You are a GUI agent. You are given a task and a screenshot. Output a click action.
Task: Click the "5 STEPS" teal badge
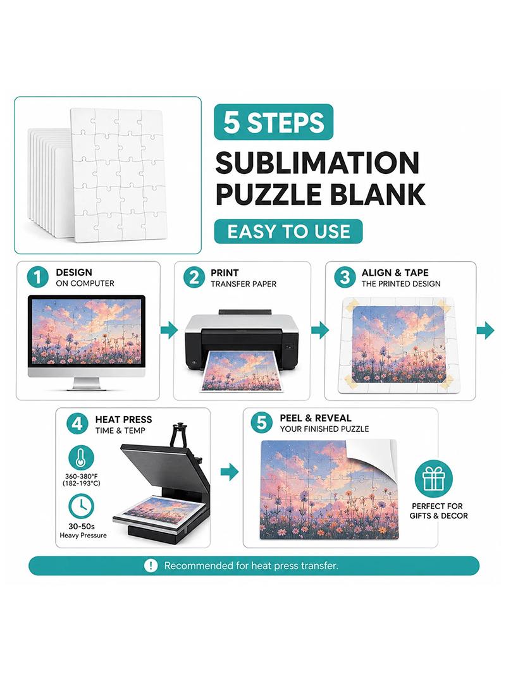273,122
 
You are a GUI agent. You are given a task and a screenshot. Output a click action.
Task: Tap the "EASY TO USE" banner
288,231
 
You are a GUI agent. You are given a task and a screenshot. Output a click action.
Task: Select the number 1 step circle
38,278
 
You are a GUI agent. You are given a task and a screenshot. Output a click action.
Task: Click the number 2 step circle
194,278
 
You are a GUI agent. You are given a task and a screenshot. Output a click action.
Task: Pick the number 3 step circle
345,278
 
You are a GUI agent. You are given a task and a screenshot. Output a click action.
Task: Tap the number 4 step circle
77,424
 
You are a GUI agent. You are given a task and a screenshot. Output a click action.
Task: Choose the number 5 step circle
261,422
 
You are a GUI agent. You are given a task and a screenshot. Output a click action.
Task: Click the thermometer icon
81,458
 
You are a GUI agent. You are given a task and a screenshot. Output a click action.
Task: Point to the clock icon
81,506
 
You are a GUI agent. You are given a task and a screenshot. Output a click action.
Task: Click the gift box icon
434,479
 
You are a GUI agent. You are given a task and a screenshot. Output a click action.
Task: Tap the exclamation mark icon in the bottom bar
151,566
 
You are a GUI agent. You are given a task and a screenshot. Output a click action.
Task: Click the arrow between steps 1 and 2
169,330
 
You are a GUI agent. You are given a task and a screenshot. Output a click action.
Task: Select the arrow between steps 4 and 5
230,472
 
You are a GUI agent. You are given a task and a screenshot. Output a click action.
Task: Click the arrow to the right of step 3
486,331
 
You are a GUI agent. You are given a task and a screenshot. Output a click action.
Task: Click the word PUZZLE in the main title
269,194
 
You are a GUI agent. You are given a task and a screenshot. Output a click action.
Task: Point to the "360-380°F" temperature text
81,476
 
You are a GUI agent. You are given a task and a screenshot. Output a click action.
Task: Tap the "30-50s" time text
82,526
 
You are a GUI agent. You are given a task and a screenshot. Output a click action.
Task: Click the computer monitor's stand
87,384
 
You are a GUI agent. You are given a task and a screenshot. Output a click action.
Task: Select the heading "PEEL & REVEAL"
316,418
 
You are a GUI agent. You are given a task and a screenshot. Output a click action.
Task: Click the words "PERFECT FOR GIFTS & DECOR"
438,511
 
